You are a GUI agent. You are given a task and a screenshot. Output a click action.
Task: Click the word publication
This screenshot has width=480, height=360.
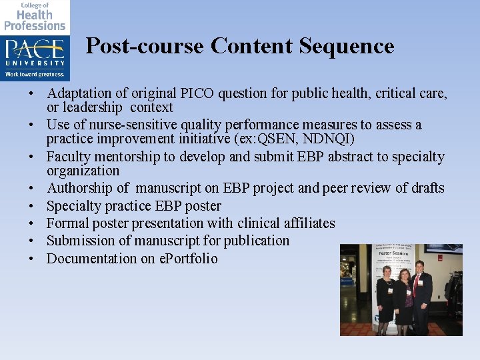pyautogui.click(x=257, y=241)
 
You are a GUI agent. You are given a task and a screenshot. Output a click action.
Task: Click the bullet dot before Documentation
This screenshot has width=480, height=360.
pyautogui.click(x=31, y=259)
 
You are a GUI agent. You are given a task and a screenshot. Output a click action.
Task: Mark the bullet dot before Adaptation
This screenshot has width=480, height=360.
pyautogui.click(x=31, y=94)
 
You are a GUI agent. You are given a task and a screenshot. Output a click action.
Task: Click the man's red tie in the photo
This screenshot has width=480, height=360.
pyautogui.click(x=417, y=285)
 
